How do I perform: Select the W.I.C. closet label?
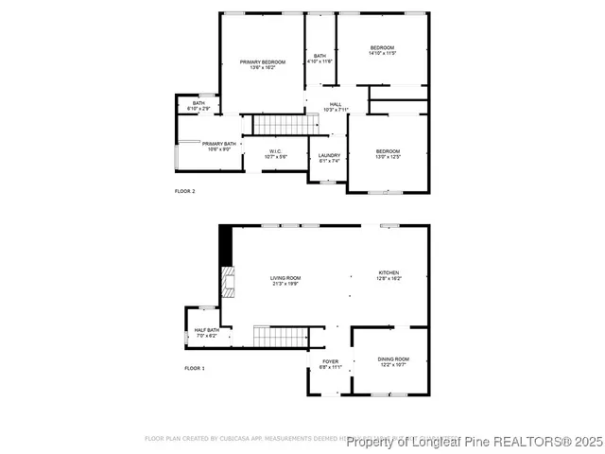275,153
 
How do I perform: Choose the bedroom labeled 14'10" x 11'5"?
382,50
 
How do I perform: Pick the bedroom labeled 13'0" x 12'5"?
388,154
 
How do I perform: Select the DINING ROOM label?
393,361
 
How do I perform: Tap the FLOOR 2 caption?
184,191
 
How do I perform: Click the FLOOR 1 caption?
194,368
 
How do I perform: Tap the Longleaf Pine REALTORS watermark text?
475,442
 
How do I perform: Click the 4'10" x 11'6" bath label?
320,59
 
